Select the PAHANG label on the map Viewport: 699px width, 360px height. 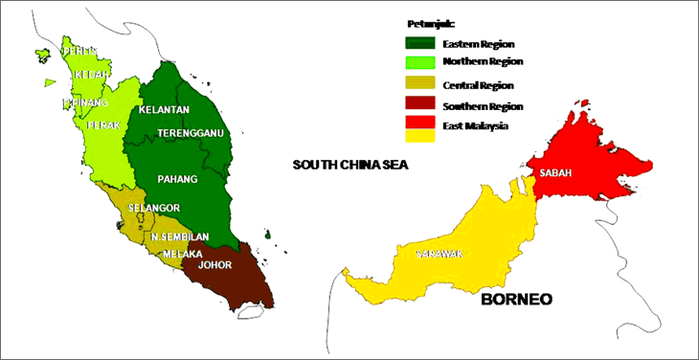click(x=178, y=179)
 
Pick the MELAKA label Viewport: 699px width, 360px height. click(x=182, y=254)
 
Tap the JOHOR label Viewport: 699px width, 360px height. click(x=214, y=269)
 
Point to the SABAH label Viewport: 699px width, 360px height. click(x=556, y=173)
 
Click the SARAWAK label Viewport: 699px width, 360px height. click(x=440, y=254)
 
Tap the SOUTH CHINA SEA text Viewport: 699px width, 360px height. click(x=350, y=165)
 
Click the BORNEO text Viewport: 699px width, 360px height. click(x=517, y=300)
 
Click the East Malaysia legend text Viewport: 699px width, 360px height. click(x=475, y=125)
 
